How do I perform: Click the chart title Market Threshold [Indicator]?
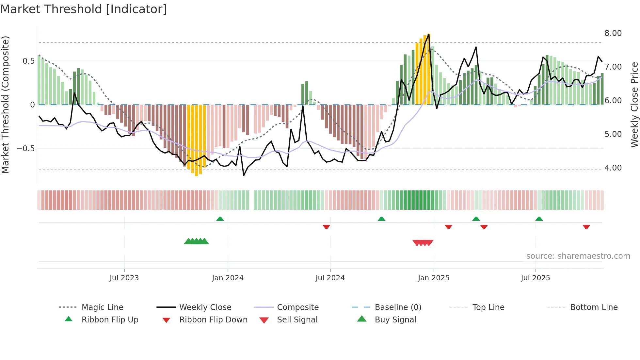point(84,9)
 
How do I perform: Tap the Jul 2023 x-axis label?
point(124,278)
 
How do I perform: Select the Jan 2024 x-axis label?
point(228,278)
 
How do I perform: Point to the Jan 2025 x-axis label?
point(434,278)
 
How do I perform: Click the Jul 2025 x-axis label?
point(536,278)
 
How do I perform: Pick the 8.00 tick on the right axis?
point(613,33)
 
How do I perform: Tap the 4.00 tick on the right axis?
point(613,168)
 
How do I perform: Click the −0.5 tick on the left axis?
point(25,149)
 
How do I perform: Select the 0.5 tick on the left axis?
point(29,61)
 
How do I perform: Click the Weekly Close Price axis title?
point(634,105)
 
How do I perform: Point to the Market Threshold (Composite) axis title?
point(5,105)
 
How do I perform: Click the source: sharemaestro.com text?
point(578,256)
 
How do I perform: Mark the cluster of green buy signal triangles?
point(196,241)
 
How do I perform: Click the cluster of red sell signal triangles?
point(423,243)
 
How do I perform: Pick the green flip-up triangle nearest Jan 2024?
point(220,219)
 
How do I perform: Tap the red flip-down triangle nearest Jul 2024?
point(326,227)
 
